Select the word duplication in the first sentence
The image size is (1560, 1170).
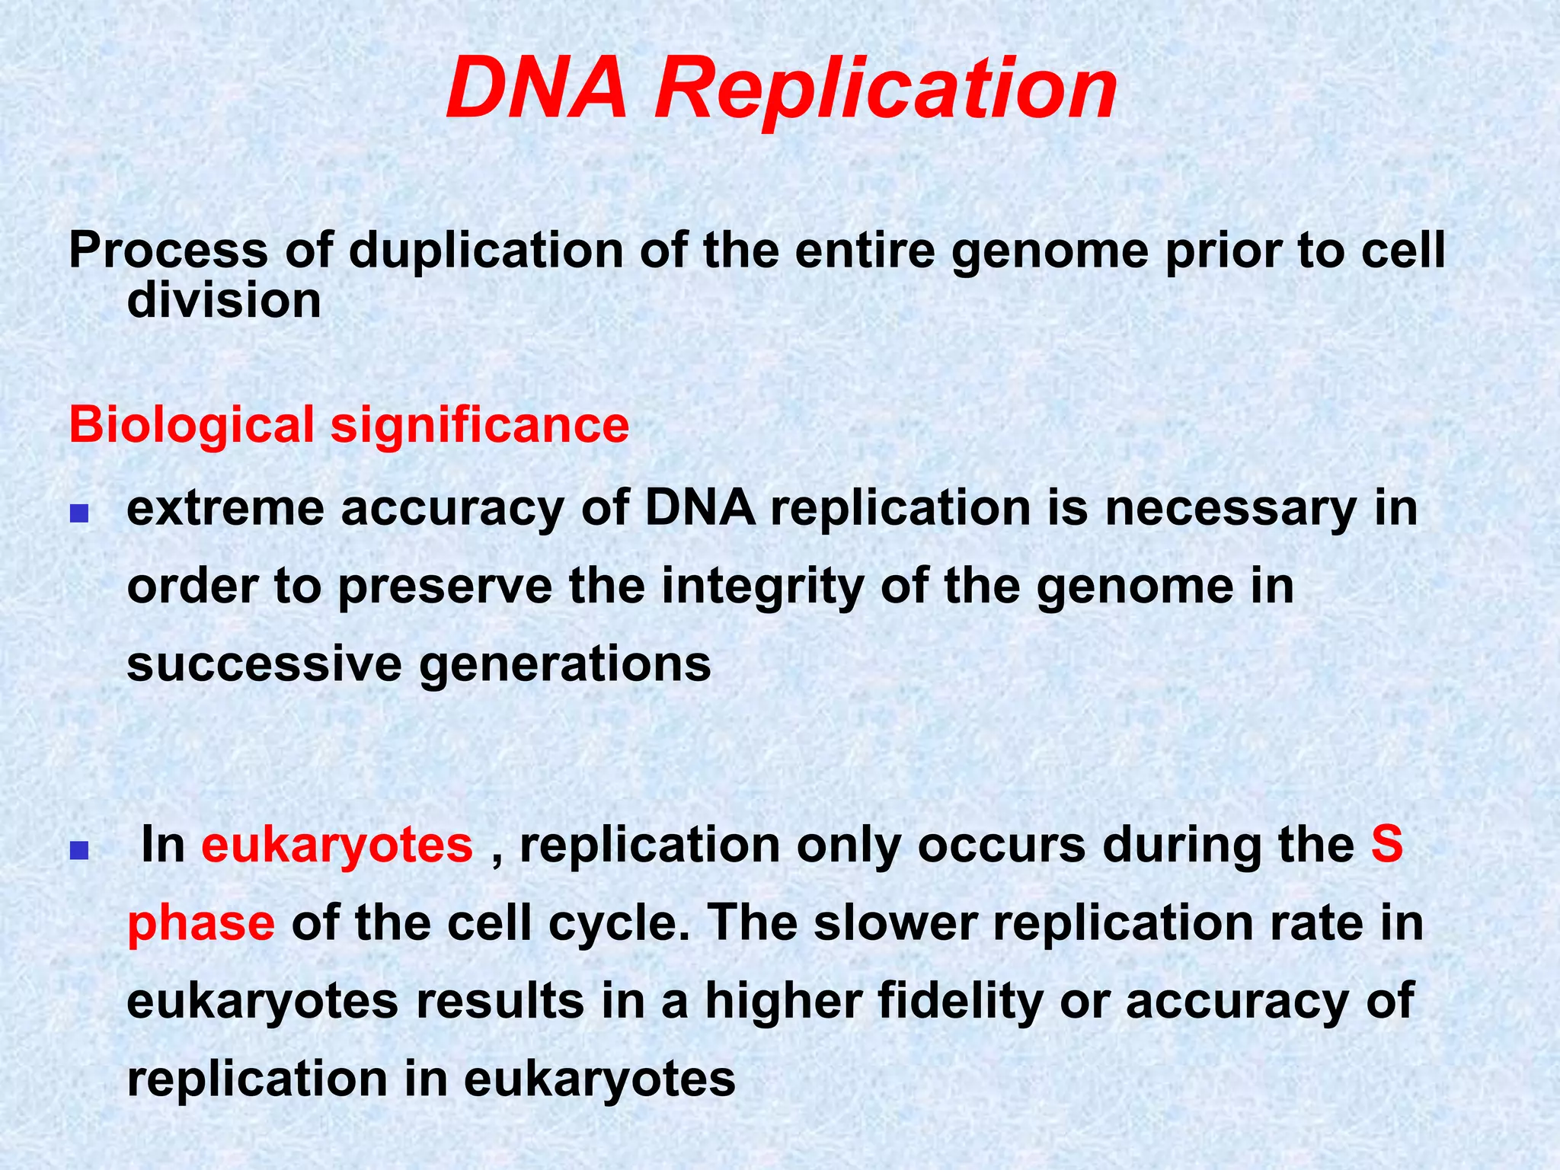[x=486, y=251]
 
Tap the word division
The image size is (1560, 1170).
[x=224, y=300]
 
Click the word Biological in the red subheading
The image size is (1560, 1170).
[x=191, y=425]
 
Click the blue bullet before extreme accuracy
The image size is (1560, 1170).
[x=79, y=516]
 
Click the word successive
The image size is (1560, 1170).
[x=264, y=663]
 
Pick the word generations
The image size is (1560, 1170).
[x=564, y=665]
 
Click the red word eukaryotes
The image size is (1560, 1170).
[x=337, y=846]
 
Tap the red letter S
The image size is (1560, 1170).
[x=1386, y=845]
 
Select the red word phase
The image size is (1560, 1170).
[x=201, y=924]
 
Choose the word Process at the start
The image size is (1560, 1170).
[x=168, y=251]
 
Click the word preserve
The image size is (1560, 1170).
[x=445, y=587]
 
